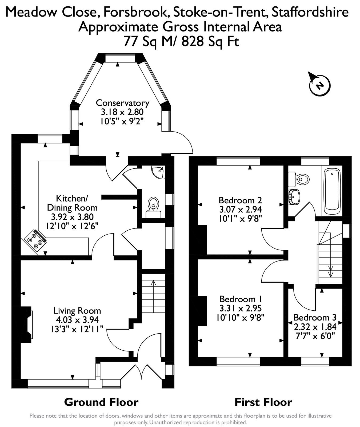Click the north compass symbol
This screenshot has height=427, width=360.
click(x=319, y=85)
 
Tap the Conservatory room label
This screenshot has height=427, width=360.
click(x=122, y=103)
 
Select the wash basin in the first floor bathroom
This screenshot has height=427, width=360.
click(x=294, y=197)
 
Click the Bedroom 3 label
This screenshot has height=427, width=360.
click(x=315, y=318)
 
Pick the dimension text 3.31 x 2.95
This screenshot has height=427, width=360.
click(x=240, y=309)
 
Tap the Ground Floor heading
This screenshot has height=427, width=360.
click(x=101, y=402)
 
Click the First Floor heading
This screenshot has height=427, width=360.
click(x=263, y=402)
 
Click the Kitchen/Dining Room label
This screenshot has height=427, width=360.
click(x=72, y=203)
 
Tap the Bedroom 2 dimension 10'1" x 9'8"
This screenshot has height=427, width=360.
click(x=240, y=218)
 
